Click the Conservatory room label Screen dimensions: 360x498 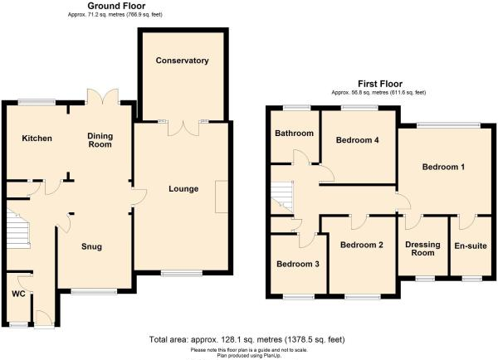click(182, 61)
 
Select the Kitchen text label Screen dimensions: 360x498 click(37, 138)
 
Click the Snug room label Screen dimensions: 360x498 click(91, 246)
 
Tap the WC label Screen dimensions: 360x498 click(18, 294)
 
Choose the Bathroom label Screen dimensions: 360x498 click(295, 134)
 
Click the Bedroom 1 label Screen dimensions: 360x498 click(442, 168)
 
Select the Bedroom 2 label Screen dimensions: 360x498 click(361, 245)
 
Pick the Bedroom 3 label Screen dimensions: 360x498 click(297, 265)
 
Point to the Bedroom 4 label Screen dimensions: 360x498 click(358, 140)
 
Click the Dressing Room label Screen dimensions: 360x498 click(422, 249)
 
